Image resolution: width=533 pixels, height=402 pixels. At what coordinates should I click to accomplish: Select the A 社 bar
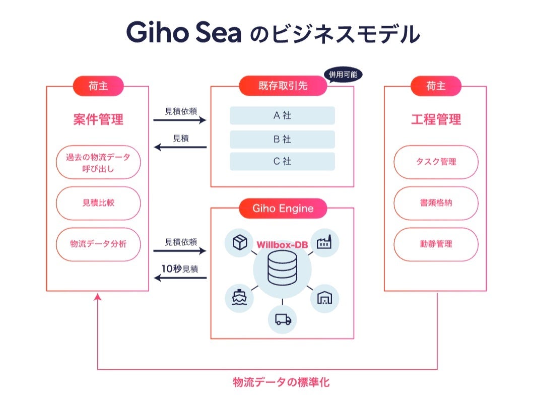[282, 115]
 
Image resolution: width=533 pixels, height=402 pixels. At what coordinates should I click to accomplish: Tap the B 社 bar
[282, 139]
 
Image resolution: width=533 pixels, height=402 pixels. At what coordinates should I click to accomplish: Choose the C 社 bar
[282, 162]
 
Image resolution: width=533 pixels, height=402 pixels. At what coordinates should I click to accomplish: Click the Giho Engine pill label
[283, 208]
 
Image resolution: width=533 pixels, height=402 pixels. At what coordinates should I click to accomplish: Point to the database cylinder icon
[282, 269]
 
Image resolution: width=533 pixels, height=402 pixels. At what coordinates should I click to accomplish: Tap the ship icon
[239, 298]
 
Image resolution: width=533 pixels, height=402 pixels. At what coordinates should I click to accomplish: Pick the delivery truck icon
[282, 319]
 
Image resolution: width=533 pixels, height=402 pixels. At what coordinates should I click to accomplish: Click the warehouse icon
[324, 298]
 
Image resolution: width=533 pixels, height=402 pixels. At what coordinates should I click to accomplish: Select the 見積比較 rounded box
[98, 203]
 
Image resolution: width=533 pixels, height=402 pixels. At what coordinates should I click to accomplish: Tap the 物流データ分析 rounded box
[98, 244]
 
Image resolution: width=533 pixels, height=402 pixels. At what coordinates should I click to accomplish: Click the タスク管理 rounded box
[436, 162]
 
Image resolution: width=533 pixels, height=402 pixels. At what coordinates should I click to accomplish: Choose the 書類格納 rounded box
[436, 203]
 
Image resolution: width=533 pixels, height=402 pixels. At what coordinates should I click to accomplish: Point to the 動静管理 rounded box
[436, 244]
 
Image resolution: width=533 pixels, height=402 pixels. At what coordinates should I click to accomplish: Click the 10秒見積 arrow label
[180, 269]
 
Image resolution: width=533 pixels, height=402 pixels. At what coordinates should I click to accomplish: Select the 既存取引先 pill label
[283, 86]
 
